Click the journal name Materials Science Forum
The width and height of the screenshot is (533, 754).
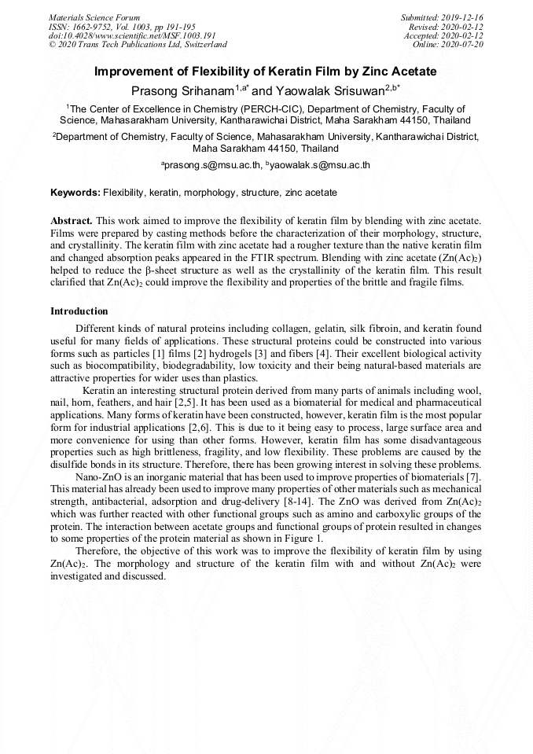(94, 17)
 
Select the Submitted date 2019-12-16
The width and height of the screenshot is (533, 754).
(461, 17)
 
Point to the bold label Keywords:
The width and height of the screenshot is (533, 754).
(75, 193)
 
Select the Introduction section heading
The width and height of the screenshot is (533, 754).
(79, 311)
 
